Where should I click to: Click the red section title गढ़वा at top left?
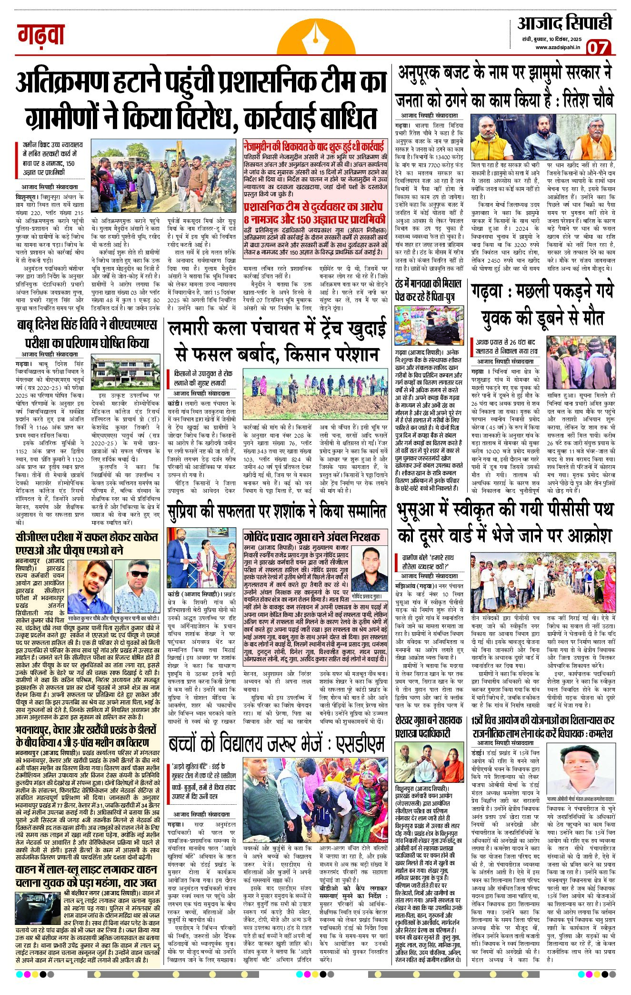click(x=41, y=35)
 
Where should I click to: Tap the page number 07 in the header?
click(x=598, y=47)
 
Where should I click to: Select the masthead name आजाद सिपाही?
click(x=565, y=23)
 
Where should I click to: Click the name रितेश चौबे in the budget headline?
click(x=589, y=101)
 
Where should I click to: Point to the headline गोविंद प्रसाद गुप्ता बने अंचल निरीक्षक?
click(x=312, y=536)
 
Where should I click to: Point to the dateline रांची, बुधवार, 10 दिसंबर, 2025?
click(x=551, y=39)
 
